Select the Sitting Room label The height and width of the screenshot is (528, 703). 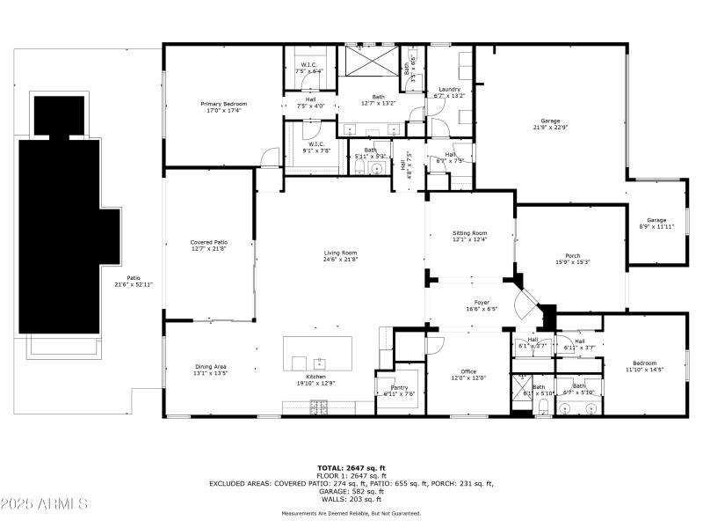pyautogui.click(x=469, y=233)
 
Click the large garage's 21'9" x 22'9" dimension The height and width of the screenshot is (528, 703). pyautogui.click(x=551, y=128)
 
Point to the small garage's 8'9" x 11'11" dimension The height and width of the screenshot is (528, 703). pyautogui.click(x=656, y=226)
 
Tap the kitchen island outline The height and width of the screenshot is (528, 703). pyautogui.click(x=316, y=354)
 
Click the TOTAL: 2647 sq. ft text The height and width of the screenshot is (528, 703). pyautogui.click(x=351, y=468)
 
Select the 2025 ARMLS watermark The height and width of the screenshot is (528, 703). pyautogui.click(x=44, y=504)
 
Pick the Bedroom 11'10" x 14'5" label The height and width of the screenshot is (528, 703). pyautogui.click(x=644, y=366)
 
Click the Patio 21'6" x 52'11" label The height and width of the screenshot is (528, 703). pyautogui.click(x=134, y=281)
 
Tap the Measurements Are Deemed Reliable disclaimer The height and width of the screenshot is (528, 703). pyautogui.click(x=351, y=513)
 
